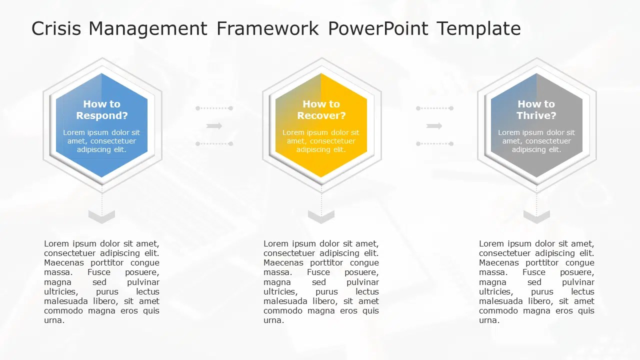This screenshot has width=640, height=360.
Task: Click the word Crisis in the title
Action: (x=56, y=28)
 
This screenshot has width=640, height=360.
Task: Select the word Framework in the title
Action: (x=267, y=28)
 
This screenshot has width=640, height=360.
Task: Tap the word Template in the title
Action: (x=478, y=28)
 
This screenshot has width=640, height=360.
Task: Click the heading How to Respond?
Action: (x=101, y=109)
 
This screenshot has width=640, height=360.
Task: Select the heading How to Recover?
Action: (x=321, y=109)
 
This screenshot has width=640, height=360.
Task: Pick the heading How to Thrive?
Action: (x=536, y=109)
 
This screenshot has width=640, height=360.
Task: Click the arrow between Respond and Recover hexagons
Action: (x=214, y=126)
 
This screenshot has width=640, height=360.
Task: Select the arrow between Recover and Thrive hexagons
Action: (x=434, y=126)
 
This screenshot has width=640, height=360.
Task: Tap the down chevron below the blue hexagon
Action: (x=101, y=216)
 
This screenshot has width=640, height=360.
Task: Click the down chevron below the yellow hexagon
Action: (x=321, y=216)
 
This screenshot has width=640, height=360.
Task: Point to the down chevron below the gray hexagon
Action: (x=536, y=216)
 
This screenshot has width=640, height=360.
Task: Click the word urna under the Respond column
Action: (x=53, y=320)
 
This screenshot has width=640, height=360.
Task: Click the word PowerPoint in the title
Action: (x=377, y=28)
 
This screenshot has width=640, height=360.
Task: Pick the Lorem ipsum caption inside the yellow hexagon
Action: (x=321, y=141)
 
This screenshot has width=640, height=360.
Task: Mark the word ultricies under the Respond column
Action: (x=60, y=291)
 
